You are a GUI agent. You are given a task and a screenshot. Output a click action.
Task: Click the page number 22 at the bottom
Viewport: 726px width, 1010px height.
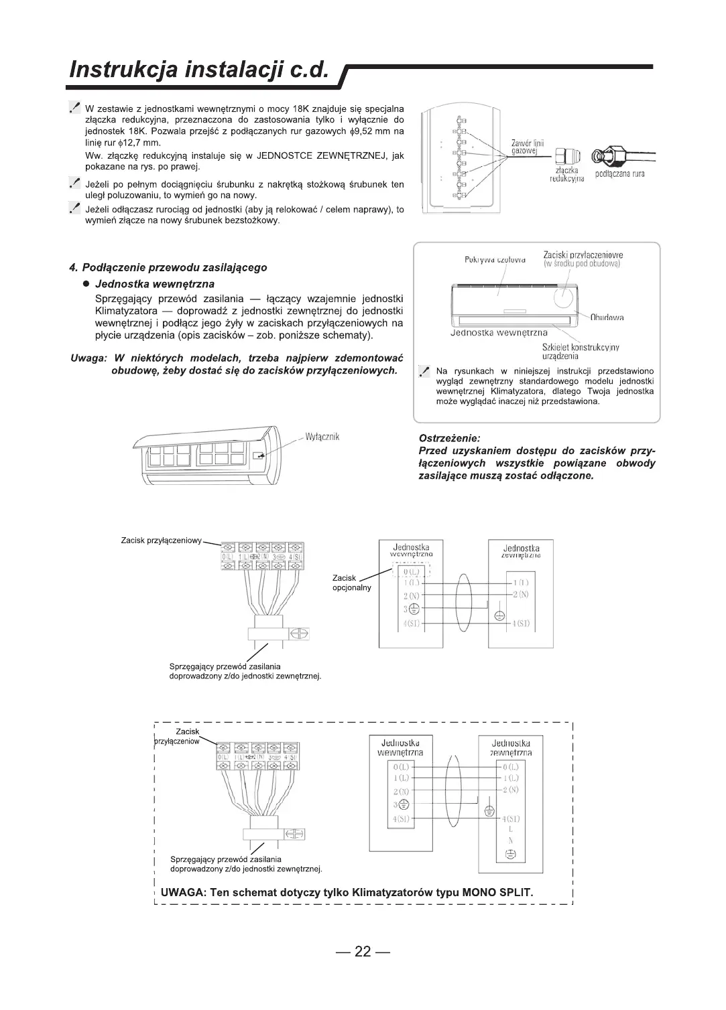(363, 952)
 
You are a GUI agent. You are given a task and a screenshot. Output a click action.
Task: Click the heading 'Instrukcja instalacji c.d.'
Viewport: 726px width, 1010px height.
(200, 70)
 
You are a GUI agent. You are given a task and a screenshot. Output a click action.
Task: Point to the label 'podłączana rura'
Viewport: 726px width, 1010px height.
(620, 174)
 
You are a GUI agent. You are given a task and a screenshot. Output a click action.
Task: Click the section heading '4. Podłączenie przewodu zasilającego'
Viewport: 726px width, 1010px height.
(168, 268)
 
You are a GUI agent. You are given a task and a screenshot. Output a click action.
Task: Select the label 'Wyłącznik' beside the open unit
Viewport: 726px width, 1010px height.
(322, 437)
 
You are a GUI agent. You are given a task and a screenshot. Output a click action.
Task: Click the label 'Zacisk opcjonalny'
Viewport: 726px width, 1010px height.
(351, 583)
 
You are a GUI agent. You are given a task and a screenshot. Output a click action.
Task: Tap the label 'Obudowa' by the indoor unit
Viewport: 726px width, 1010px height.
(607, 317)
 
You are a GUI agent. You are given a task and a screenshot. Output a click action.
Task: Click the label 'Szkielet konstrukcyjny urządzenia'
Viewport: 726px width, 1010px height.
(581, 352)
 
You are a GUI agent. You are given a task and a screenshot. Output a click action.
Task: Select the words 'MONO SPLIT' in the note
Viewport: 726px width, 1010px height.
(495, 893)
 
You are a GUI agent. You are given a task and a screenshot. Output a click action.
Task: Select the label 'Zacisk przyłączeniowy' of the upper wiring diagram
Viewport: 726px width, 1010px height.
(161, 540)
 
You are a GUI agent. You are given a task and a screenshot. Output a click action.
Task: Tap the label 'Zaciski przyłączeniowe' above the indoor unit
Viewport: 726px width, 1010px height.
(583, 255)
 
